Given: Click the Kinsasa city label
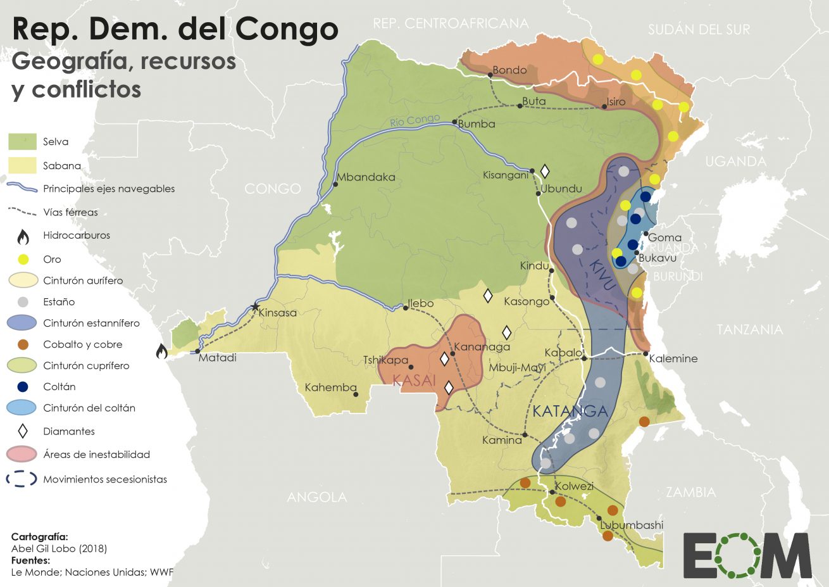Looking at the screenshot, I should [278, 313].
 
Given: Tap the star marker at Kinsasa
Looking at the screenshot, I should [255, 306].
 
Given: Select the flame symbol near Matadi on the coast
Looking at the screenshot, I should [161, 350].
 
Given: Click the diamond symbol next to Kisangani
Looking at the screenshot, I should [544, 171].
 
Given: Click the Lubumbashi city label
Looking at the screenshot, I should [632, 525].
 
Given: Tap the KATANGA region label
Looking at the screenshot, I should [570, 411].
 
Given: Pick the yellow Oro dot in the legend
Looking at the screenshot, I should [23, 259].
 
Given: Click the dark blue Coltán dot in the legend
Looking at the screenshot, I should [23, 387].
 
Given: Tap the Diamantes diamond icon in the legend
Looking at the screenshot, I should [23, 431].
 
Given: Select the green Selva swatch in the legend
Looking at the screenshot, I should [22, 141].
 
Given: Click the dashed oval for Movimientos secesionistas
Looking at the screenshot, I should [22, 479].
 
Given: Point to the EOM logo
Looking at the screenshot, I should [747, 555].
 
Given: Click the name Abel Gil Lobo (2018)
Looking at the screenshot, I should [59, 548].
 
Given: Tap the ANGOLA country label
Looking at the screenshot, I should [316, 497].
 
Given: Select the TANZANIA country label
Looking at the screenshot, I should [749, 329].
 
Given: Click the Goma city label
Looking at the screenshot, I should [665, 237].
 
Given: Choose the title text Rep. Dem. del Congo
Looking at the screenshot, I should [175, 29].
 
